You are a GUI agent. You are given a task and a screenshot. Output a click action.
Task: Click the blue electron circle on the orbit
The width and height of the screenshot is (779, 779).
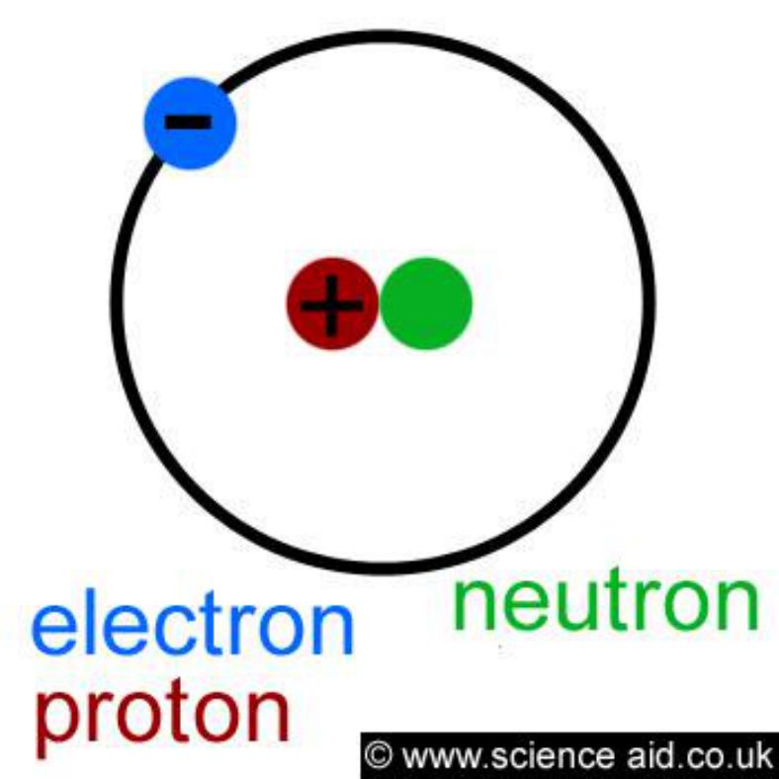pos(190,124)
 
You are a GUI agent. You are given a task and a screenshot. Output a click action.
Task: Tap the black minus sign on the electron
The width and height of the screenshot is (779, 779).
pos(188,122)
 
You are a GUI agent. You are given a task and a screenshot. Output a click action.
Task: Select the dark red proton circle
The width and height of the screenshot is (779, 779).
pos(332,303)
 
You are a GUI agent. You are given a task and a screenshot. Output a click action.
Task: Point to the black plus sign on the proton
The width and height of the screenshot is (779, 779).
pos(332,305)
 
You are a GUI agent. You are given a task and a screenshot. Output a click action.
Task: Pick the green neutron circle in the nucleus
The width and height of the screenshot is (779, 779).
pos(426,303)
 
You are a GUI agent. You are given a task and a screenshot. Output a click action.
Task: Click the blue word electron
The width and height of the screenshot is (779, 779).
pos(192,623)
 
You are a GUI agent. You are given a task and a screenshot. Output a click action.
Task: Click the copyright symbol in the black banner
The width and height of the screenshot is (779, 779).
pos(379,755)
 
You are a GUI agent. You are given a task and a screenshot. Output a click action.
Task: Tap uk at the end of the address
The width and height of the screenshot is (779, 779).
pos(750,755)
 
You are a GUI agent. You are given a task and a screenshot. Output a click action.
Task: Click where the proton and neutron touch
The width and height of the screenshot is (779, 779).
pos(379,303)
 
